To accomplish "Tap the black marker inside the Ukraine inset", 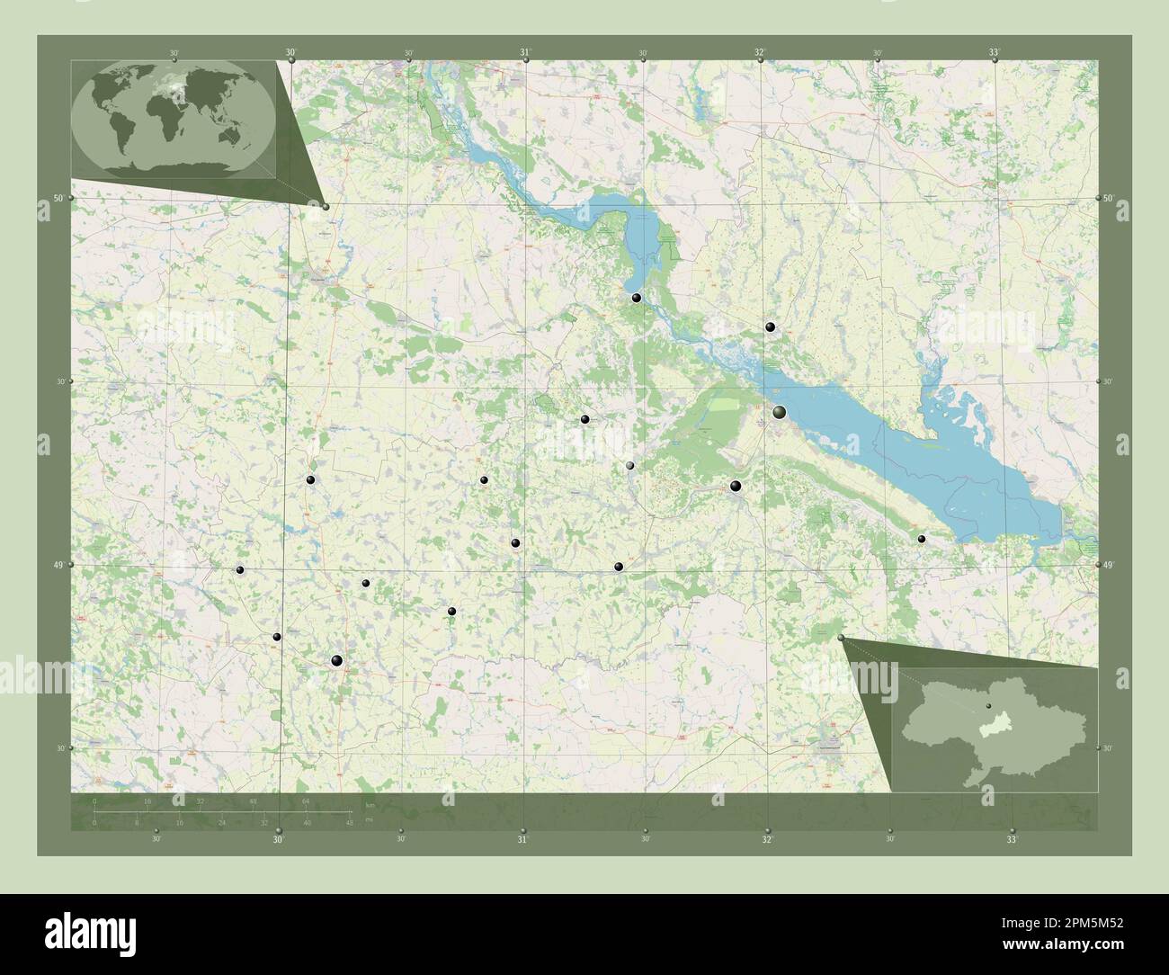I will click(x=988, y=707).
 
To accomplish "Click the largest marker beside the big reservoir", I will click(x=779, y=412).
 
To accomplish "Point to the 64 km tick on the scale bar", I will click(x=306, y=801).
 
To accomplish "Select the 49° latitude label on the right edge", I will click(x=1108, y=565).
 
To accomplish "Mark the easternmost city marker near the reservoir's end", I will click(x=922, y=539).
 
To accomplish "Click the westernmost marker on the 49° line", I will click(x=239, y=569).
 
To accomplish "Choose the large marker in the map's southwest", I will click(x=337, y=661).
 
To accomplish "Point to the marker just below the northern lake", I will click(x=636, y=298).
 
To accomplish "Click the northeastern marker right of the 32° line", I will click(x=769, y=327).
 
